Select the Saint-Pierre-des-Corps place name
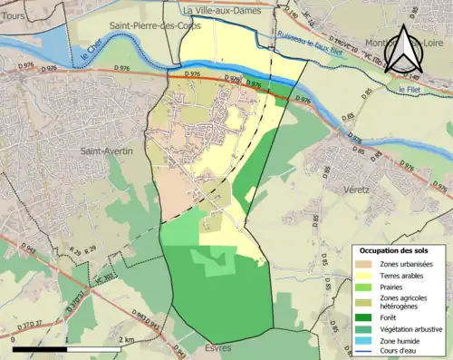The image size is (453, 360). pos(149,27)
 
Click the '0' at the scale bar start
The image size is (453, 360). pos(14,339)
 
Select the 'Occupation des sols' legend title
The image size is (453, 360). pos(393,249)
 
